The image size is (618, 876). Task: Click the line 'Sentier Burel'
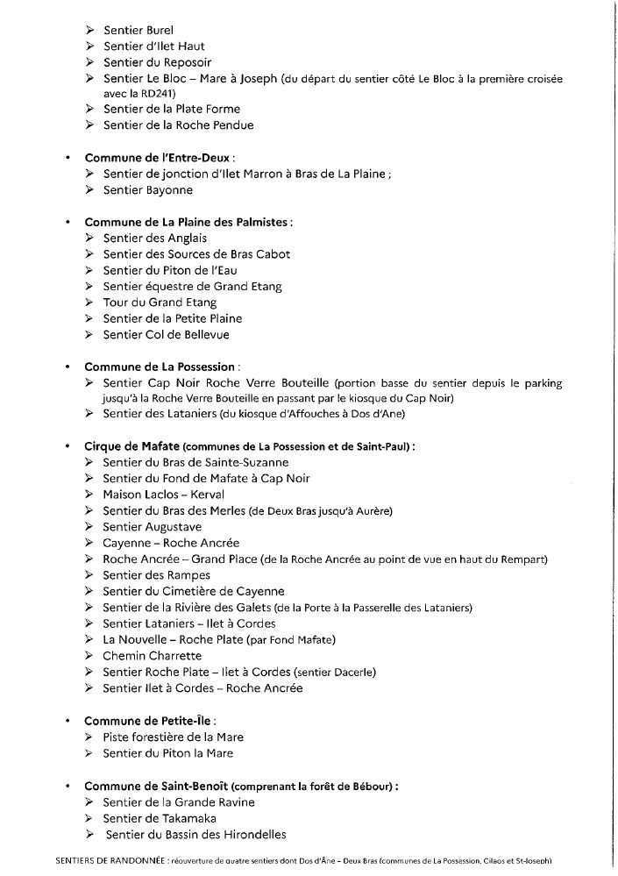(x=132, y=30)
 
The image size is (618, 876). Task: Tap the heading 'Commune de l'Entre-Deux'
(x=146, y=158)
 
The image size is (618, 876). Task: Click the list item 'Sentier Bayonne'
(x=148, y=189)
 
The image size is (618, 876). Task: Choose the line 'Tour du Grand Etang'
(x=160, y=303)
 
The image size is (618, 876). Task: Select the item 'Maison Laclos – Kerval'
(x=163, y=495)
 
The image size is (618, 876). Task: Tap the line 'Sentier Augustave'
(x=153, y=527)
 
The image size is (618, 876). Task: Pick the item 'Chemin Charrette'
(x=152, y=656)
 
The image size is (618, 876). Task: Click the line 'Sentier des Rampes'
(x=157, y=575)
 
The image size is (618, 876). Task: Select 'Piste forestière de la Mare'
(x=174, y=737)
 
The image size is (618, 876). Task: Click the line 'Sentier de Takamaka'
(x=160, y=818)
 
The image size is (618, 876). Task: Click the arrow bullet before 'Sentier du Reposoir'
(x=90, y=62)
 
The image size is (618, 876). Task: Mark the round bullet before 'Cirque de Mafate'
(x=67, y=446)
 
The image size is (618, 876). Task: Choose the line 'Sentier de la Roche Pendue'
(x=178, y=125)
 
